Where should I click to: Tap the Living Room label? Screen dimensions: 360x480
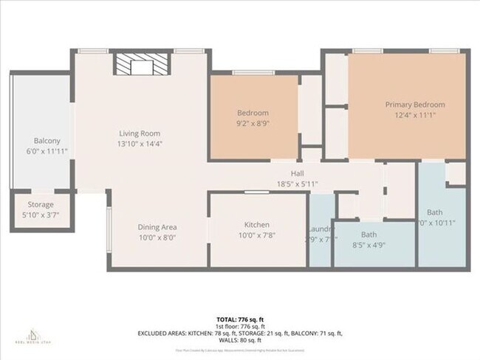[140, 134]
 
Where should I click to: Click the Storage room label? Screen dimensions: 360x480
[41, 204]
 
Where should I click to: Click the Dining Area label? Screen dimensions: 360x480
[158, 226]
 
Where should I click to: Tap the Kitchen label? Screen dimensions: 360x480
[257, 225]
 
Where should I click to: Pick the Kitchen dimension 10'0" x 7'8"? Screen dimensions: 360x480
[257, 235]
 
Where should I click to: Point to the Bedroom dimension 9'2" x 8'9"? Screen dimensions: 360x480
[253, 122]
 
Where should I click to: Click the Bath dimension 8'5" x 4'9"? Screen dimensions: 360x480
[368, 245]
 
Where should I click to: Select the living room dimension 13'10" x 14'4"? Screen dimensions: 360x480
[140, 144]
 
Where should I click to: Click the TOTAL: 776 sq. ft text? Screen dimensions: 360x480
[240, 317]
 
